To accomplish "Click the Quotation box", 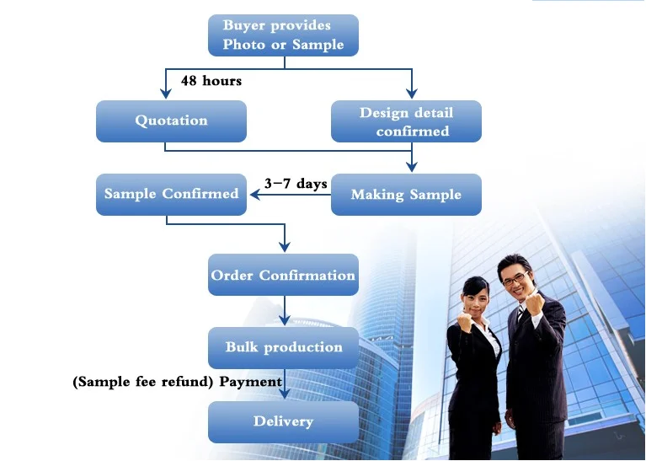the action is (x=171, y=121).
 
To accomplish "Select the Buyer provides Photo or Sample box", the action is (x=283, y=35).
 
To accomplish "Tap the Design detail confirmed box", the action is (x=406, y=121).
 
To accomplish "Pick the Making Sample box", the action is (x=406, y=195).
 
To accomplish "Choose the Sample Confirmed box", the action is (x=171, y=195).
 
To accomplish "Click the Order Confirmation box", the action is (x=283, y=275).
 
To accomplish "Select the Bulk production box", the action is (x=283, y=348).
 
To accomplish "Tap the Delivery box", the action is (x=283, y=422).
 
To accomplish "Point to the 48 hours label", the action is (x=211, y=80).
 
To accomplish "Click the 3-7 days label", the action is (x=296, y=184).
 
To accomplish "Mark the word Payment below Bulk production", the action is (x=250, y=382).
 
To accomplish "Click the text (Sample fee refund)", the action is (x=143, y=382).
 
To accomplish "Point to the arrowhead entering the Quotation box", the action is (x=166, y=94).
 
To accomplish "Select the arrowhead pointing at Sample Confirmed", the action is (x=255, y=195).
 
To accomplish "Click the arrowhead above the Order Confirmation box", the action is (x=285, y=247).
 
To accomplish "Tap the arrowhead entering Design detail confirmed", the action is (x=412, y=94).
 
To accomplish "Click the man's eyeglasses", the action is (x=515, y=279).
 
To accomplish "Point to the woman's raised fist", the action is (x=466, y=321).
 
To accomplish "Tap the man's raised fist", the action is (x=535, y=303).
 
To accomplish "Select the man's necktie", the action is (x=520, y=314).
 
